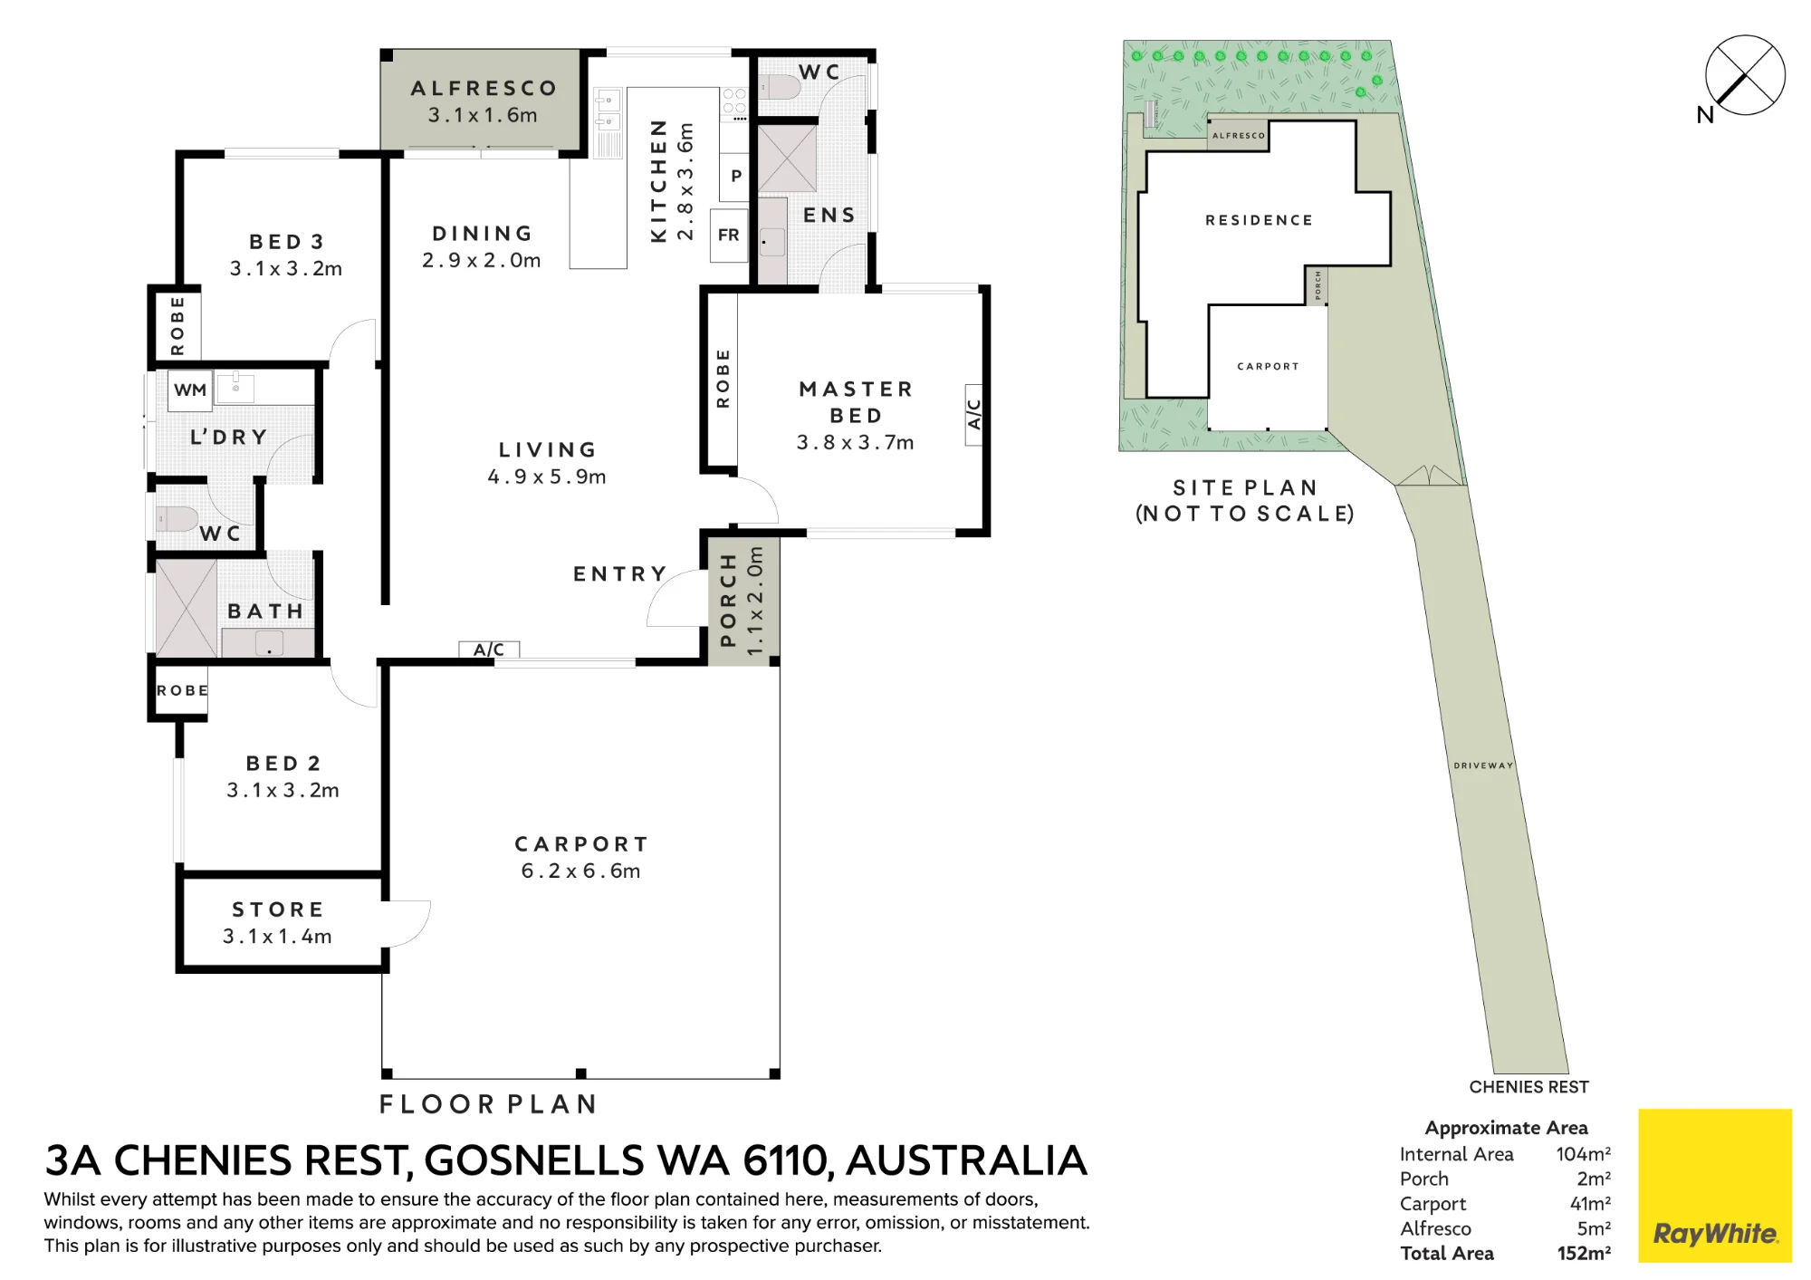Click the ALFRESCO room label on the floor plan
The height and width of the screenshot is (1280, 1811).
click(x=484, y=88)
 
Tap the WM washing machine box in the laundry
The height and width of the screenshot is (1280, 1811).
click(x=190, y=390)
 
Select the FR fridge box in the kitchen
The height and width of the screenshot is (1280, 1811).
click(x=729, y=236)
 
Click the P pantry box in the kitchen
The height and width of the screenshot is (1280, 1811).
click(x=735, y=177)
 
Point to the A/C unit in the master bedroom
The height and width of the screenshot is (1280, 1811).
click(x=974, y=414)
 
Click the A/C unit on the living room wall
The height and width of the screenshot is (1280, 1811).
click(x=489, y=649)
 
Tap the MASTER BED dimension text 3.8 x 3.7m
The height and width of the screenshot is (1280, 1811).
click(x=855, y=443)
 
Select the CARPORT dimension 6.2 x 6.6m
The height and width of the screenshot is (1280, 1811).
click(x=580, y=871)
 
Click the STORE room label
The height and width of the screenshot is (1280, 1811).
click(x=278, y=909)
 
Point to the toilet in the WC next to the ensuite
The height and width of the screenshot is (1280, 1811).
click(x=780, y=88)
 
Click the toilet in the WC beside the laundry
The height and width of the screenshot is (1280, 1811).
click(x=177, y=519)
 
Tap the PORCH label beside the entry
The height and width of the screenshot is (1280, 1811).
click(x=727, y=601)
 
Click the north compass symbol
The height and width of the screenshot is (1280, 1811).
click(x=1745, y=75)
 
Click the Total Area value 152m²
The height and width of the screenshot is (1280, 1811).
click(x=1584, y=1254)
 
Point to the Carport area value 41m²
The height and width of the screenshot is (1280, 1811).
click(x=1590, y=1204)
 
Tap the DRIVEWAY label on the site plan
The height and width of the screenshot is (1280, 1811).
click(x=1483, y=765)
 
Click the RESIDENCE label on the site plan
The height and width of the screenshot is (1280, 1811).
click(x=1259, y=220)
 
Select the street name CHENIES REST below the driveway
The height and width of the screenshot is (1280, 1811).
click(x=1528, y=1087)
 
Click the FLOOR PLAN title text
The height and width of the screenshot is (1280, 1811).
click(x=488, y=1104)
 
